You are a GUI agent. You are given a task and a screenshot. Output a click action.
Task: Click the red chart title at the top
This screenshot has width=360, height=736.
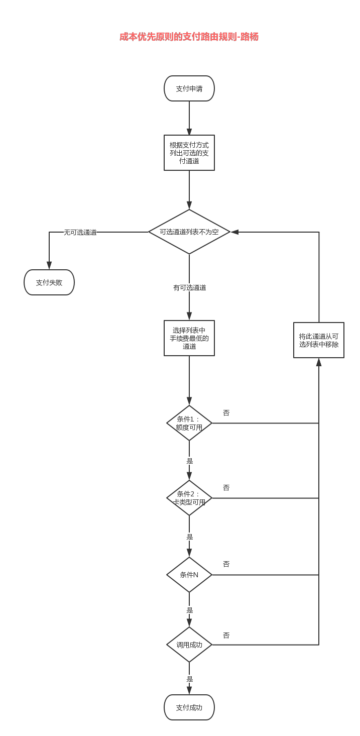tap(189, 37)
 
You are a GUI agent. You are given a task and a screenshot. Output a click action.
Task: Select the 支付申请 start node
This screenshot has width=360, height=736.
tap(189, 88)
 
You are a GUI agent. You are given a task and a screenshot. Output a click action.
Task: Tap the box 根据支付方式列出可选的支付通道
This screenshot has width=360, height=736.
tap(189, 153)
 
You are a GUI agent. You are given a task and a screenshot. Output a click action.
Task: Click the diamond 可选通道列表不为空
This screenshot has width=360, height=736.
tap(189, 232)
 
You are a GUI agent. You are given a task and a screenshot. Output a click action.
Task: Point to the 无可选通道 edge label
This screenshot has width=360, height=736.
tap(80, 232)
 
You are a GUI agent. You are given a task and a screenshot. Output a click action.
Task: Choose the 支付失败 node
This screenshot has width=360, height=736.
tap(49, 282)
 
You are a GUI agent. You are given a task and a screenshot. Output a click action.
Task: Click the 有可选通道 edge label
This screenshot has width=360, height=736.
tap(189, 288)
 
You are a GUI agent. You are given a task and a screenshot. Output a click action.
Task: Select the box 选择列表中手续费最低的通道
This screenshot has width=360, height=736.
tap(189, 338)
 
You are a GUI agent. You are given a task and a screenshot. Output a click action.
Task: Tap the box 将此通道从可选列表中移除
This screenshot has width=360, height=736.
tap(319, 340)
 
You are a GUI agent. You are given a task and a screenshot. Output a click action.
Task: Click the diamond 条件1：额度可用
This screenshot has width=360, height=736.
tap(189, 423)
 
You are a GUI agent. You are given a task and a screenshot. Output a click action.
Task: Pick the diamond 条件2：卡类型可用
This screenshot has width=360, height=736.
tap(189, 498)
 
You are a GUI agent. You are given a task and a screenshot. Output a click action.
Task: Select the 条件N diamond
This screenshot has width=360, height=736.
tap(189, 575)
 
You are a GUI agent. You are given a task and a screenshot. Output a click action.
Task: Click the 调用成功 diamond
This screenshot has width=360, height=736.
tap(189, 645)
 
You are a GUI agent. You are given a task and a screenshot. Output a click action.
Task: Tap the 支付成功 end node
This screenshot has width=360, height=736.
tap(189, 707)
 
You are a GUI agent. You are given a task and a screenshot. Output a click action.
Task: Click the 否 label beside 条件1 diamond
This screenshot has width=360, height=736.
tap(226, 412)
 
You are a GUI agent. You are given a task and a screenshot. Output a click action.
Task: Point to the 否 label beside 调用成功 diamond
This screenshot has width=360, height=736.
tap(226, 635)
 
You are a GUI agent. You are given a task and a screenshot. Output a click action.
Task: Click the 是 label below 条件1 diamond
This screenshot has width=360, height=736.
tap(189, 461)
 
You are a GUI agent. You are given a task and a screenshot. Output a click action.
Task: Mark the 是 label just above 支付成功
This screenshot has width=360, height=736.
tap(189, 679)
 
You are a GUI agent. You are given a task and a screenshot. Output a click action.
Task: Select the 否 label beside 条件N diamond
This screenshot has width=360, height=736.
tap(226, 564)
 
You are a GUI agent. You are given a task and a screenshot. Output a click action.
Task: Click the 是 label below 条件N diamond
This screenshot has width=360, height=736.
tap(189, 610)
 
